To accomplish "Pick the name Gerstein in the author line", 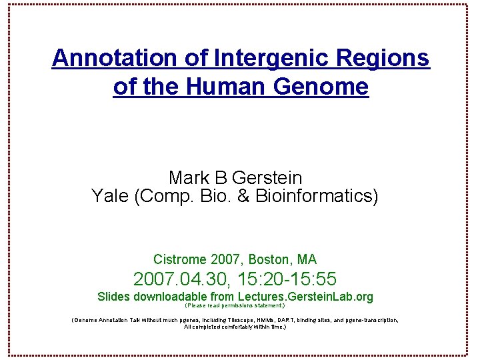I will click(x=267, y=178).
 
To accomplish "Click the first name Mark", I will click(x=187, y=178).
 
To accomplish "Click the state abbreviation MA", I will click(x=307, y=259).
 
